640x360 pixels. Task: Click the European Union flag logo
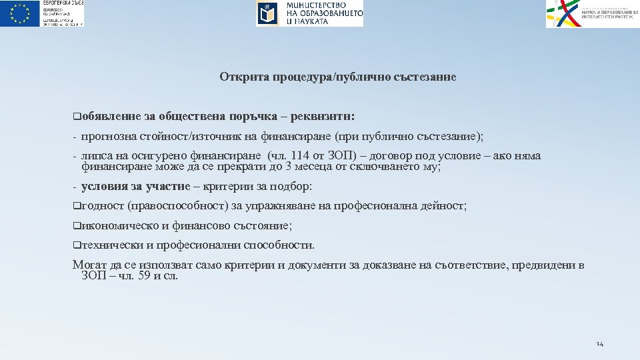tap(20, 13)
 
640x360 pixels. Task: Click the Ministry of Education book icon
tap(267, 13)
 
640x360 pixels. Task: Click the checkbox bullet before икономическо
tap(76, 226)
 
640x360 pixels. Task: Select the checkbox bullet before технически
tap(76, 245)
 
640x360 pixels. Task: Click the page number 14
tap(599, 344)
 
